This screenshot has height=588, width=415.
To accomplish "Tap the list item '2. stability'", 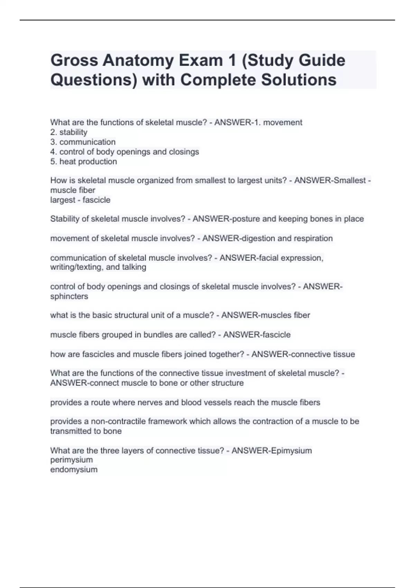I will point(69,132).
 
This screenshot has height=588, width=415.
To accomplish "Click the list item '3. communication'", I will point(83,142).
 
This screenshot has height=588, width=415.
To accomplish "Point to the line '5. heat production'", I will point(84,162).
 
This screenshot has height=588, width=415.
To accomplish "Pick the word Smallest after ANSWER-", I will point(349,180).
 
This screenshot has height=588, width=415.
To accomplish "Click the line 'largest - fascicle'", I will point(80,200).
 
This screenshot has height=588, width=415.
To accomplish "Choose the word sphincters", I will point(69,296).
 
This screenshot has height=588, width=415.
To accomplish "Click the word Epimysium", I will point(292,451).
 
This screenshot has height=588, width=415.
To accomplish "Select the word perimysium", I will point(72,460).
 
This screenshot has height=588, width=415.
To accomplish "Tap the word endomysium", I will point(74,470).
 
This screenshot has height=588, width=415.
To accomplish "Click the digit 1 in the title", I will point(231,61).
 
